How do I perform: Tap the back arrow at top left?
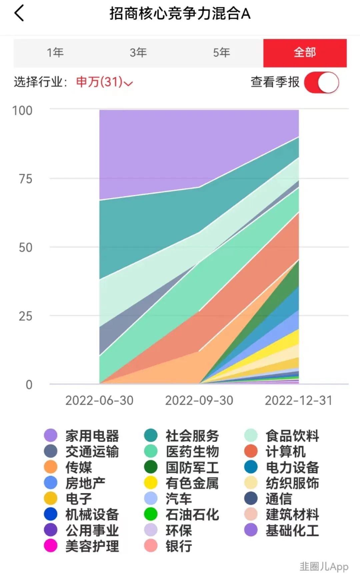click(19, 13)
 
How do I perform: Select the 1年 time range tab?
click(55, 53)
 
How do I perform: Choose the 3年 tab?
click(138, 53)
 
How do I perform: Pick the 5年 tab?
click(222, 53)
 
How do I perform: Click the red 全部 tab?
click(305, 53)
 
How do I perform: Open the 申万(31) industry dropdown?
click(104, 82)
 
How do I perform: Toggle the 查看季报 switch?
click(321, 83)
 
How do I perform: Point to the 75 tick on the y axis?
click(25, 179)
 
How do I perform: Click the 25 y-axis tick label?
click(25, 316)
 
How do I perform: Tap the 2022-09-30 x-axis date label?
click(199, 400)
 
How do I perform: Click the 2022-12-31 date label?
click(298, 400)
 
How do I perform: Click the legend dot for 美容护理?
click(51, 546)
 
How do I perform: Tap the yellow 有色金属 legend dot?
click(151, 483)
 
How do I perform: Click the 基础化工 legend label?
click(292, 530)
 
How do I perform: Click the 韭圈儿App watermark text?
click(324, 566)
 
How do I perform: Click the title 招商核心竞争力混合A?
click(180, 14)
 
